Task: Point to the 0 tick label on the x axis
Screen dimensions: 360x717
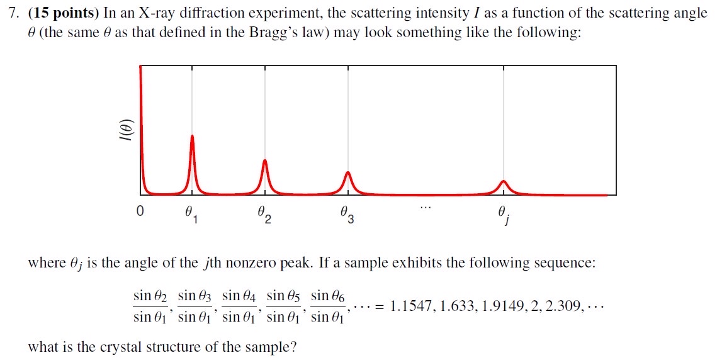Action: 140,212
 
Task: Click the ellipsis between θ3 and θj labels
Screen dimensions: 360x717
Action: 426,207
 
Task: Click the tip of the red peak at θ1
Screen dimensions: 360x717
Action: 192,136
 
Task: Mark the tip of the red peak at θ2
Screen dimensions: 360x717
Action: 265,160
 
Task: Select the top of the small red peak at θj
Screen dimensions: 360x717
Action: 503,181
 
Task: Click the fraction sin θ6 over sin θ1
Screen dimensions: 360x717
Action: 329,306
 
